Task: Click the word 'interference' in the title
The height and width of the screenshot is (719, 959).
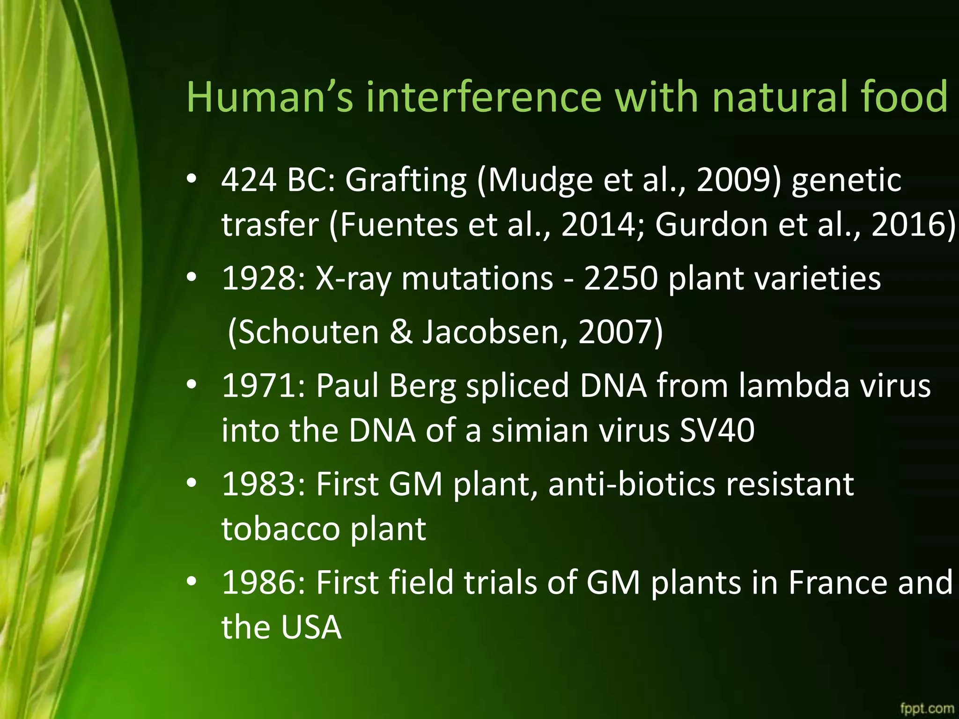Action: [x=483, y=97]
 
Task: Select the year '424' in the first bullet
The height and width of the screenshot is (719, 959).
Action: [x=249, y=180]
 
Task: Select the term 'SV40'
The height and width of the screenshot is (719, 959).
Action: [x=716, y=430]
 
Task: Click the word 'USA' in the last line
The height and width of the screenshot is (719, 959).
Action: [x=311, y=627]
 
